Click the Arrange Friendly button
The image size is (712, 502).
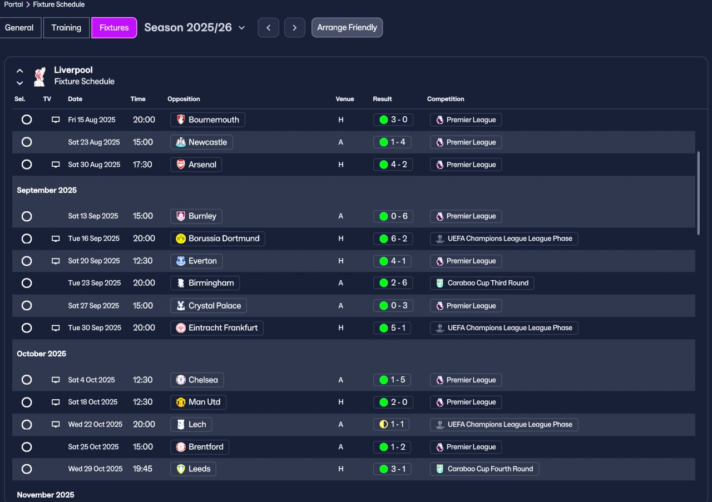click(347, 28)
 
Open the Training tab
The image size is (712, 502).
click(66, 28)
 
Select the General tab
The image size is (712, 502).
click(19, 28)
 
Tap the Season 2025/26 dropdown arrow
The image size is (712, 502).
click(241, 28)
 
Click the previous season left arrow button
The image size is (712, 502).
click(268, 28)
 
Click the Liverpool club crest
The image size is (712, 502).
click(39, 77)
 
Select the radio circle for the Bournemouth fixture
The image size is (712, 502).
click(27, 120)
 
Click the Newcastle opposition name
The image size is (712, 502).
click(207, 142)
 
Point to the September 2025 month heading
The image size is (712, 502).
click(47, 190)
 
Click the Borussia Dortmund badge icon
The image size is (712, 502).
click(181, 238)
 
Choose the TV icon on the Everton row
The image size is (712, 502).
click(56, 261)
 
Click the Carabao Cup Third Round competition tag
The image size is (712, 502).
click(482, 283)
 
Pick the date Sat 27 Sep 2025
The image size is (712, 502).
click(93, 306)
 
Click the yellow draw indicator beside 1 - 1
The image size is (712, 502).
click(384, 425)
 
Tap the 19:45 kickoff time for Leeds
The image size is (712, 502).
click(142, 469)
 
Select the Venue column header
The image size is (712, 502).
click(344, 99)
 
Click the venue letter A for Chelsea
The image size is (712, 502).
click(341, 380)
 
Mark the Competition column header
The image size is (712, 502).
click(446, 99)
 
